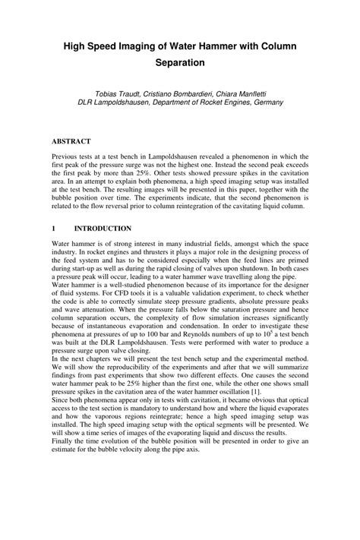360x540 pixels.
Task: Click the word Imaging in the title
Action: pyautogui.click(x=145, y=46)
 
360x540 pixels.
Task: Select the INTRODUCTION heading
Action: pyautogui.click(x=103, y=228)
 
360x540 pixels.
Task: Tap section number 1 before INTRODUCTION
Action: pyautogui.click(x=53, y=228)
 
